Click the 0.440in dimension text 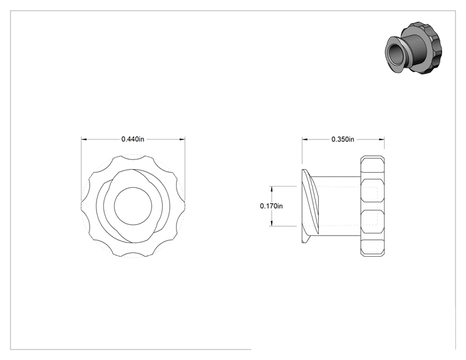click(133, 139)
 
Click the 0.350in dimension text click(343, 139)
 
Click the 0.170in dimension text click(271, 206)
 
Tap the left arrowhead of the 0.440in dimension click(84, 139)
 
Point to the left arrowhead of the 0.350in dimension click(305, 139)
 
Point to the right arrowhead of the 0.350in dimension click(381, 139)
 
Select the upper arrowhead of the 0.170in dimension click(271, 189)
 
